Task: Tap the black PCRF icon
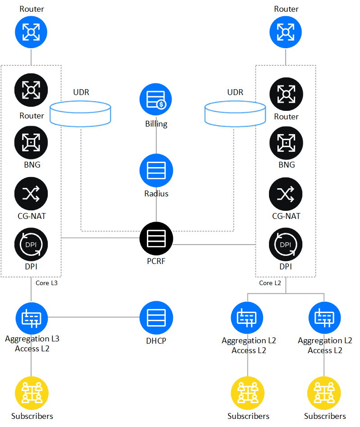[x=156, y=238]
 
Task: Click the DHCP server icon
[x=156, y=318]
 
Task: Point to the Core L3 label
[x=46, y=283]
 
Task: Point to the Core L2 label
[x=270, y=283]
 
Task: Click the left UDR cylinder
[x=80, y=113]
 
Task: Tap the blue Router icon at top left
[x=31, y=32]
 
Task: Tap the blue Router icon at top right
[x=286, y=32]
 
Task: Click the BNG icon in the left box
[x=31, y=143]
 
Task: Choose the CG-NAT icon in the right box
[x=286, y=195]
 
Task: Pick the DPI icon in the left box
[x=31, y=245]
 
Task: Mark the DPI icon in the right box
[x=286, y=245]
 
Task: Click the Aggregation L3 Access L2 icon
[x=31, y=318]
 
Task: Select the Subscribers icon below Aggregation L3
[x=31, y=393]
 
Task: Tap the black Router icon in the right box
[x=286, y=94]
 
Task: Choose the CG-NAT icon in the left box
[x=31, y=195]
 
